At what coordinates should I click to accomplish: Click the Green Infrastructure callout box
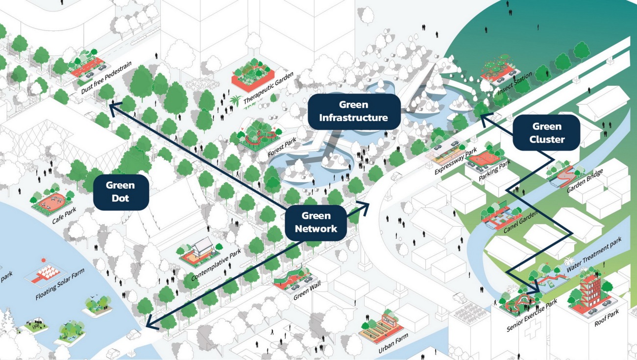354,112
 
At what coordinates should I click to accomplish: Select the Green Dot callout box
121,192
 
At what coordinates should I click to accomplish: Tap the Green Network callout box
316,222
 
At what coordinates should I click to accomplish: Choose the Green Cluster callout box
546,133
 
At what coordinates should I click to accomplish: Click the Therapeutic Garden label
269,88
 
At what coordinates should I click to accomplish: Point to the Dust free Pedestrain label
106,77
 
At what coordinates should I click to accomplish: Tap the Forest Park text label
282,147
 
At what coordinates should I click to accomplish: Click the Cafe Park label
64,215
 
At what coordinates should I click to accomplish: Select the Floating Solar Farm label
60,284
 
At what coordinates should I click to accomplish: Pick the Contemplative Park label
216,264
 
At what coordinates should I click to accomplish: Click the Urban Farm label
393,343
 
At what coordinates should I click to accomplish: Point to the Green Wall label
307,290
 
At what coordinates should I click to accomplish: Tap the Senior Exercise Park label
532,315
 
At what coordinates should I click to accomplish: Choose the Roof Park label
607,317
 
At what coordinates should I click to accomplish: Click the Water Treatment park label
594,255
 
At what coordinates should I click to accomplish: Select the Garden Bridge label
585,181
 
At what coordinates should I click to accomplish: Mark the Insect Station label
514,84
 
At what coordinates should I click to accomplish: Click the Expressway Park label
456,162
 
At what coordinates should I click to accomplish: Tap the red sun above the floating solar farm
44,260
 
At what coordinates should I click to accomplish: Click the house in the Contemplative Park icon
201,246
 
